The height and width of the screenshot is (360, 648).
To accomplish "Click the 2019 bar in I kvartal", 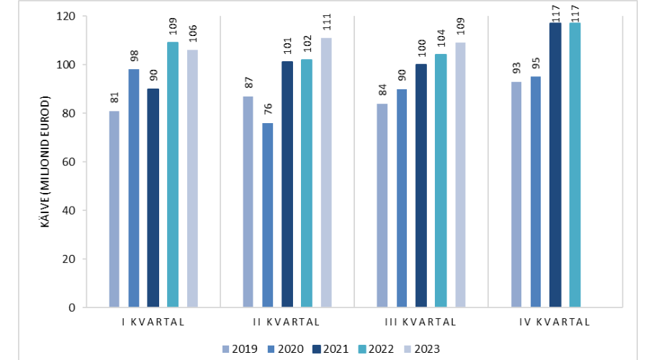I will [x=114, y=209].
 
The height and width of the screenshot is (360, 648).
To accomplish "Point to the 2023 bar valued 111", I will [x=326, y=172].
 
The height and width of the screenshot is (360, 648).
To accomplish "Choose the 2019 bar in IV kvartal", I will [x=516, y=194].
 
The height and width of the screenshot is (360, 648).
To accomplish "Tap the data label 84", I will [x=382, y=91].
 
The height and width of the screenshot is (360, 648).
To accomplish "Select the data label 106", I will [x=192, y=36].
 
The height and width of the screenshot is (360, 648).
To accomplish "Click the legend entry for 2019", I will [x=238, y=349].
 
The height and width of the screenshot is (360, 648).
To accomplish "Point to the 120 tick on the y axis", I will [x=69, y=16].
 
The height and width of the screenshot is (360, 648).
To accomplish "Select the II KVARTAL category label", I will [x=287, y=322].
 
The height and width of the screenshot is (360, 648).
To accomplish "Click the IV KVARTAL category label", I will [x=554, y=322].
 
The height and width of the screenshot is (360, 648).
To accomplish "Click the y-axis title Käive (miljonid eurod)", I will [x=45, y=161].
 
